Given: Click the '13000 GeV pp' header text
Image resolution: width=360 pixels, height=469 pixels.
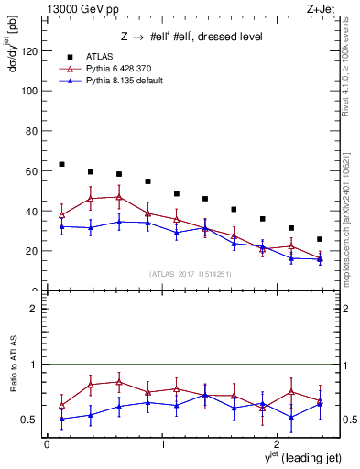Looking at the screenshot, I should (x=79, y=11).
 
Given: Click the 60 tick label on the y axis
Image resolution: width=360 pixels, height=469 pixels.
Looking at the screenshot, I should (x=32, y=171).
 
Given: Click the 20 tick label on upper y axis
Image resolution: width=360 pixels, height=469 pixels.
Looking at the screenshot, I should (x=32, y=251).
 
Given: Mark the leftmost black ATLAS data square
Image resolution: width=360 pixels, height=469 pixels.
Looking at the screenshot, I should (x=61, y=165).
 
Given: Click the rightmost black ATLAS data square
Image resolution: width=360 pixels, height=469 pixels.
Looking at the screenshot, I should (x=320, y=239).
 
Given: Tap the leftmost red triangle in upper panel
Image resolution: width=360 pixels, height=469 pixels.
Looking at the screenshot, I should (x=61, y=215).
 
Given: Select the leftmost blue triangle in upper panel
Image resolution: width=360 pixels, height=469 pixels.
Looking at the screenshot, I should (x=61, y=226).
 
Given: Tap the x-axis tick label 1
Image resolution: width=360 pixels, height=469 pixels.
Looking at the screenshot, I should (x=163, y=443).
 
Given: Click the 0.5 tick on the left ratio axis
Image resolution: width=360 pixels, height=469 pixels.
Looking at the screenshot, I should (x=32, y=420).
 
